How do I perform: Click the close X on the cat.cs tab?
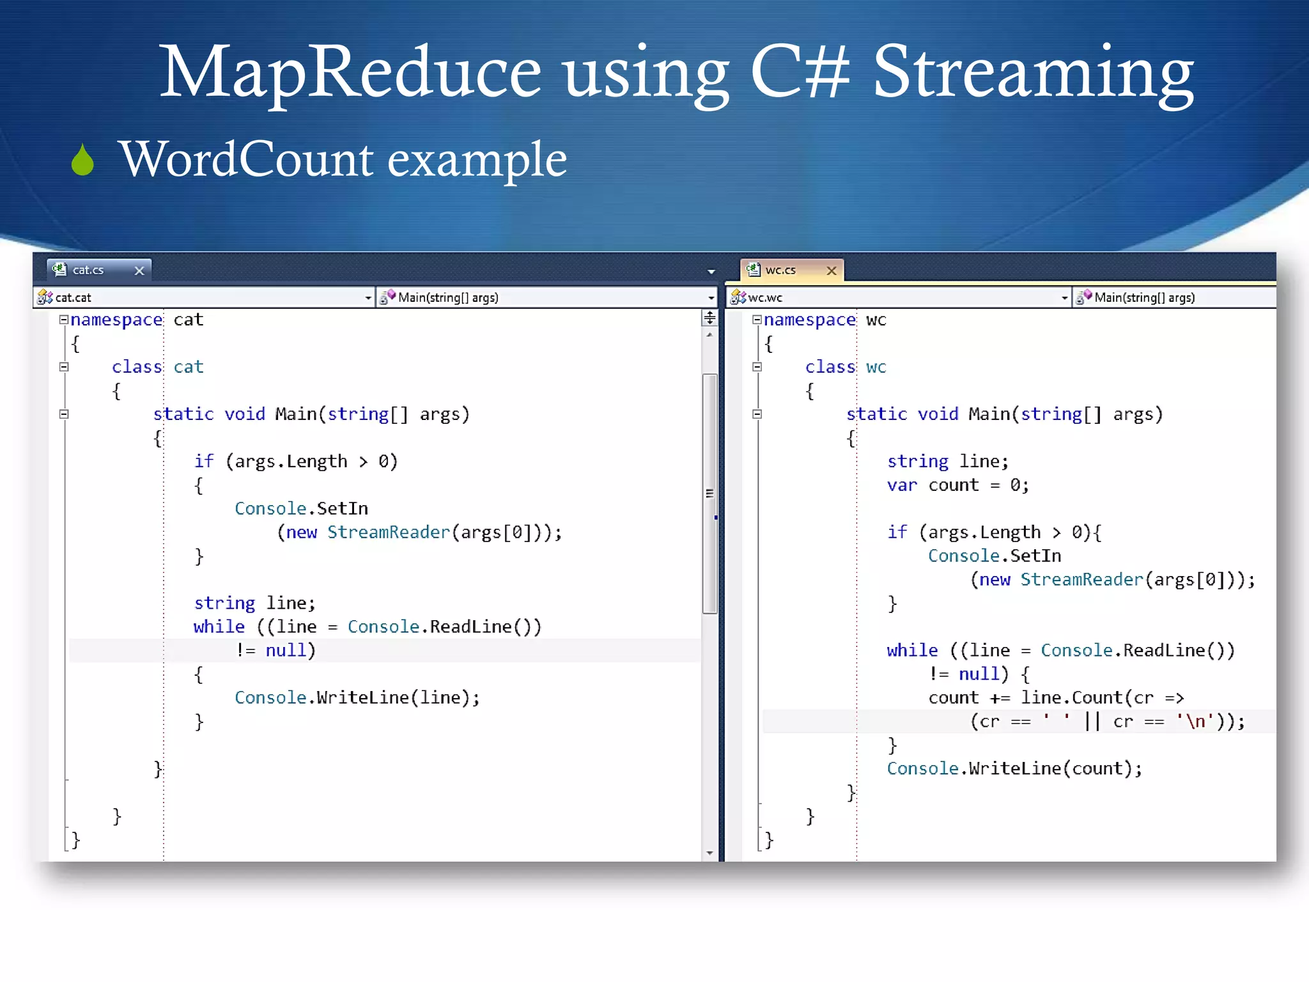(139, 270)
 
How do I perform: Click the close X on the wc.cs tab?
(832, 270)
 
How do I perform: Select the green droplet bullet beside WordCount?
(82, 160)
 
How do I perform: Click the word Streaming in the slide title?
(1033, 72)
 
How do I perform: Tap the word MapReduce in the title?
(350, 72)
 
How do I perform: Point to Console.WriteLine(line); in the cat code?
(357, 698)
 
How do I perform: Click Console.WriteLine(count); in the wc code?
(1014, 768)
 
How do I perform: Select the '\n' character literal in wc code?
(1195, 722)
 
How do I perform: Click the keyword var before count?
(901, 485)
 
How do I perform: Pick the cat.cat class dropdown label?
(74, 297)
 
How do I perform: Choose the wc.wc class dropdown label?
(765, 297)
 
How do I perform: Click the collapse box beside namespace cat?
(64, 320)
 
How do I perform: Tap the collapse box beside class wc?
(757, 367)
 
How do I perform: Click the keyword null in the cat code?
(286, 651)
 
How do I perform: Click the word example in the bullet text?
(477, 160)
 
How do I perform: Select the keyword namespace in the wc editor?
(809, 320)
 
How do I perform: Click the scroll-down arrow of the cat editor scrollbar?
(709, 853)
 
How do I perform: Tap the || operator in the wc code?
(1092, 722)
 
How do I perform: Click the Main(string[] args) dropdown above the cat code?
(447, 297)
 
